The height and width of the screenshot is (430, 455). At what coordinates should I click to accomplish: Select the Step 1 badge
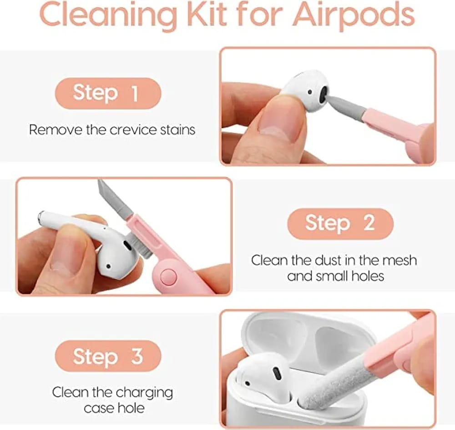108,93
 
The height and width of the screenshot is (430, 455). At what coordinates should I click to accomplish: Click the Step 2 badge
340,224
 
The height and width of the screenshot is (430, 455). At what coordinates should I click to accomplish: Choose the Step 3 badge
108,356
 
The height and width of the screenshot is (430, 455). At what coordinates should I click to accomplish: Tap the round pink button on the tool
168,277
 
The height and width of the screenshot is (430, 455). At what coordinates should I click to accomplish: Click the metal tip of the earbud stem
41,215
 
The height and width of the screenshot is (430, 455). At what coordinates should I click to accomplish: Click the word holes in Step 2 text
368,276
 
